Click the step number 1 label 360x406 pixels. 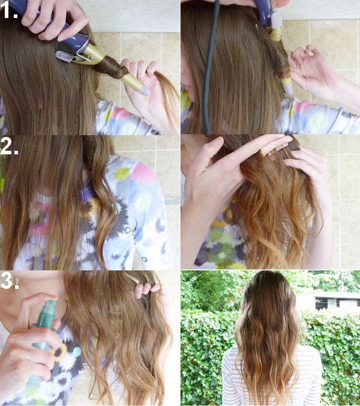click(x=9, y=10)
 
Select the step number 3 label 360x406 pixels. click(x=10, y=280)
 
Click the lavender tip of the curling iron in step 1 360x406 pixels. click(x=144, y=90)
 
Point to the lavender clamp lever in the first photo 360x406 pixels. click(x=65, y=56)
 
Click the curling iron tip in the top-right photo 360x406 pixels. click(x=288, y=89)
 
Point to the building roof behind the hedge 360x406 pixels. click(x=337, y=295)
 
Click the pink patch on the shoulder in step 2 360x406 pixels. click(x=145, y=173)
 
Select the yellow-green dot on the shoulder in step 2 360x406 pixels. click(x=122, y=173)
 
